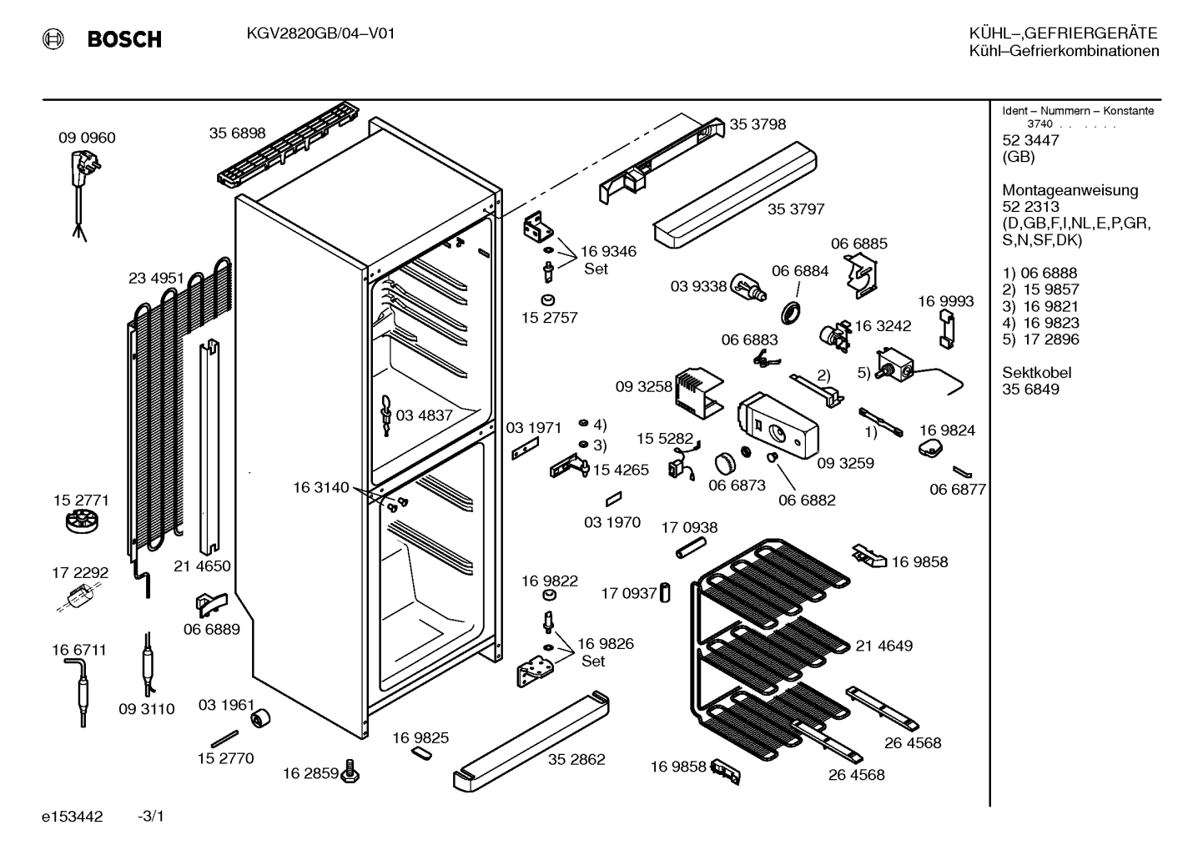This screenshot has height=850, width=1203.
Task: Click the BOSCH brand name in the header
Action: [x=124, y=39]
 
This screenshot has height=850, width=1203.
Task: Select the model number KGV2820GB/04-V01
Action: [x=320, y=34]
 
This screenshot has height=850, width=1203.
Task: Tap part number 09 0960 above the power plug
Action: [x=87, y=138]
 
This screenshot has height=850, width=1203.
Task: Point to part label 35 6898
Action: [x=238, y=133]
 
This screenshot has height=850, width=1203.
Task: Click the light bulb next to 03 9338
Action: [x=749, y=287]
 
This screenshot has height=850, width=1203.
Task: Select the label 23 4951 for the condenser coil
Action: [x=156, y=278]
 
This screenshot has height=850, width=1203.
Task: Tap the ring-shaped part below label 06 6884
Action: [x=790, y=313]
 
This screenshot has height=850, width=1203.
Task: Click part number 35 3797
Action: [x=796, y=209]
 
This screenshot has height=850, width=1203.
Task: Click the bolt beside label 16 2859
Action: [x=350, y=771]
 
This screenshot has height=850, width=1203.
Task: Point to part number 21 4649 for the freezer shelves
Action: [x=884, y=646]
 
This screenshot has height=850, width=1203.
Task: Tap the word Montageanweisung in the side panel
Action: [x=1070, y=191]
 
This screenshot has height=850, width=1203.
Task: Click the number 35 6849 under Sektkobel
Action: [x=1030, y=390]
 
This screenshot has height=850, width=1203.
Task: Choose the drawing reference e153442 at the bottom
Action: [x=73, y=817]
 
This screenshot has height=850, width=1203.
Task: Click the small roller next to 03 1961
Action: [x=260, y=718]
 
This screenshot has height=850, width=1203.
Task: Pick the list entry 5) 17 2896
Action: [x=1041, y=339]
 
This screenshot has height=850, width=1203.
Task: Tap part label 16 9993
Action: [x=946, y=301]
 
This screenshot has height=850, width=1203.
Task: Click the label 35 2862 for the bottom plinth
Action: [x=576, y=759]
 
